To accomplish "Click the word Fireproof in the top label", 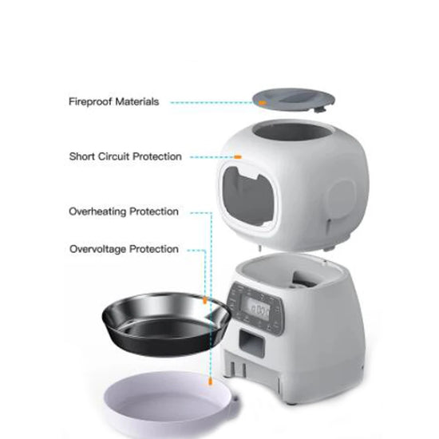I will (89, 102).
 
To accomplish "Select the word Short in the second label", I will (82, 156).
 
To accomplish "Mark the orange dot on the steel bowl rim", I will (207, 302).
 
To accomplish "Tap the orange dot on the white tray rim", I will (209, 382).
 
